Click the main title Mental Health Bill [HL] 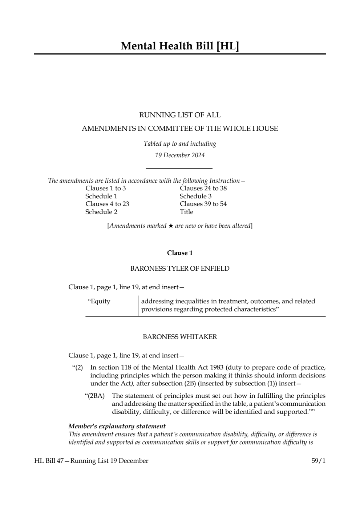coord(180,46)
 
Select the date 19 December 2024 coord(180,155)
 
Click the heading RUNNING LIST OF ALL coord(180,115)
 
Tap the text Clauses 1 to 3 coord(106,188)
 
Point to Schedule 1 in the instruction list coord(101,196)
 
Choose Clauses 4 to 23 coord(107,204)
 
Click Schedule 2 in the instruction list coord(101,212)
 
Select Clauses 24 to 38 coord(203,188)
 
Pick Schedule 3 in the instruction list coord(195,196)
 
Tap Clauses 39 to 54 coord(203,204)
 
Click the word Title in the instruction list coord(186,212)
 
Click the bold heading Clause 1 coord(180,253)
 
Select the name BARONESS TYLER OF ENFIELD coord(180,269)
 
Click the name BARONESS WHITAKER coord(180,337)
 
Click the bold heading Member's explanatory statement coord(117,426)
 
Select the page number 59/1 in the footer coord(318,461)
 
